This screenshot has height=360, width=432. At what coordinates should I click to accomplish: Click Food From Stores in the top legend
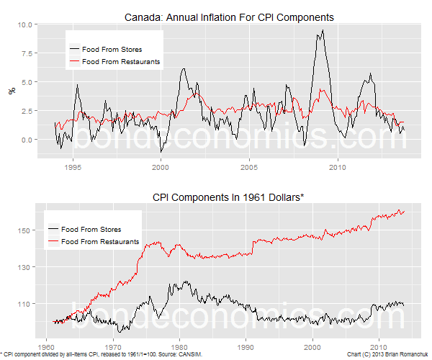pyautogui.click(x=112, y=50)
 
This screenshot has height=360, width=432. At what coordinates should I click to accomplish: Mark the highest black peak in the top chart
pyautogui.click(x=323, y=30)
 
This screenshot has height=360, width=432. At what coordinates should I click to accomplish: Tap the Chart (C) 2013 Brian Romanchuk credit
pyautogui.click(x=386, y=355)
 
